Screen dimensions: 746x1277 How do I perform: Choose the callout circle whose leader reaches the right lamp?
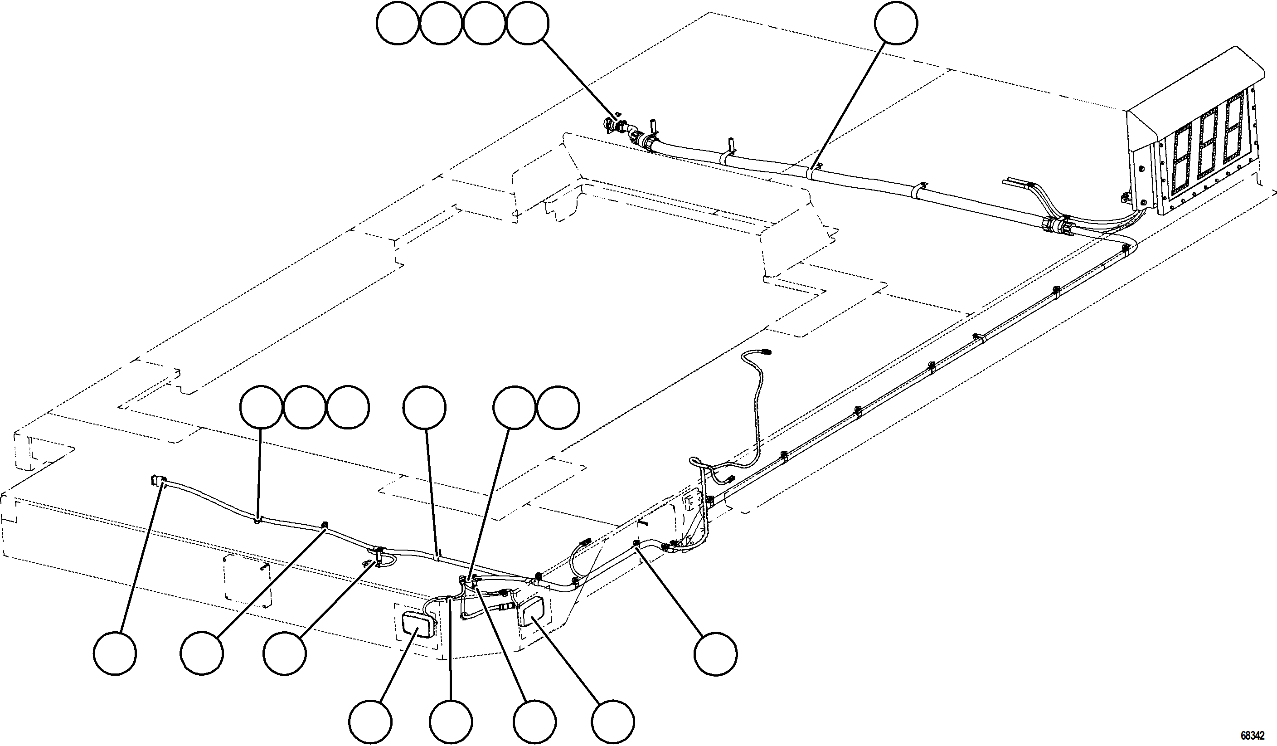(x=614, y=722)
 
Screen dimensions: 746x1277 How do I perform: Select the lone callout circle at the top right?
(x=896, y=23)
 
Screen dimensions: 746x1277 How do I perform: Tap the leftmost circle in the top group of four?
(x=398, y=23)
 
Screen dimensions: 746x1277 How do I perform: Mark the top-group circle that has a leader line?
(x=528, y=23)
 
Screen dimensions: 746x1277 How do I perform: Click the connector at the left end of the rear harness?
(x=158, y=480)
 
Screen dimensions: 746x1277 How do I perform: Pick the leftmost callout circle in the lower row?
(x=115, y=653)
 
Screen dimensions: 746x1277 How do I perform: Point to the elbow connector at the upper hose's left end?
(x=615, y=125)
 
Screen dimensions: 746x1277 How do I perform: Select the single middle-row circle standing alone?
(x=425, y=408)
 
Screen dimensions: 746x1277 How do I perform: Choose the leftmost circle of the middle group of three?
(x=261, y=408)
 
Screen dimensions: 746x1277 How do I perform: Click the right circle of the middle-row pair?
(x=558, y=408)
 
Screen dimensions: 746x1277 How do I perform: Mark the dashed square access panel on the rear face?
(x=248, y=580)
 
